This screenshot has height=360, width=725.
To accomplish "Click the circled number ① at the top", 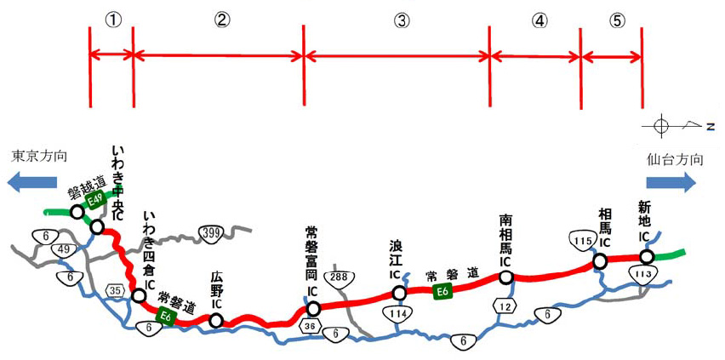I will (x=111, y=20).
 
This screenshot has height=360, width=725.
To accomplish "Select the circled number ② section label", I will (x=220, y=20).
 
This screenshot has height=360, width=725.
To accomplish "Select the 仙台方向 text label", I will (x=675, y=158).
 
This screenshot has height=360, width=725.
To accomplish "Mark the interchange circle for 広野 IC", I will (x=216, y=320).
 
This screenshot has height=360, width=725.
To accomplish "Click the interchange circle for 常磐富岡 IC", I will (x=313, y=308).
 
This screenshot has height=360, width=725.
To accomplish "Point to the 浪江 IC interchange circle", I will (x=399, y=294).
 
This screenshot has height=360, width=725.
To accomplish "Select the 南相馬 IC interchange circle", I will (x=505, y=277).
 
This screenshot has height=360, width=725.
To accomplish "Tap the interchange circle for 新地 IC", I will (x=647, y=256).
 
